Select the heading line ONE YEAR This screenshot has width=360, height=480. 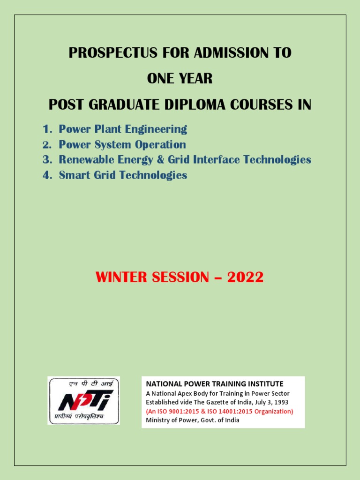coord(180,79)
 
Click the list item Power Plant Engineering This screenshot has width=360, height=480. coord(123,129)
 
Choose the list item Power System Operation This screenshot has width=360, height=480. coord(122,144)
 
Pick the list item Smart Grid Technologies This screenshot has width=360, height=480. coord(123,175)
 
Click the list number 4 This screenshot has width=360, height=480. coord(46,175)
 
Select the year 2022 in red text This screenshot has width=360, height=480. coord(245,277)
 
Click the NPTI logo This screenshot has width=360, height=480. coord(83,400)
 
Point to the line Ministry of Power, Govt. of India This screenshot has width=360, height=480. coord(193,420)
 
